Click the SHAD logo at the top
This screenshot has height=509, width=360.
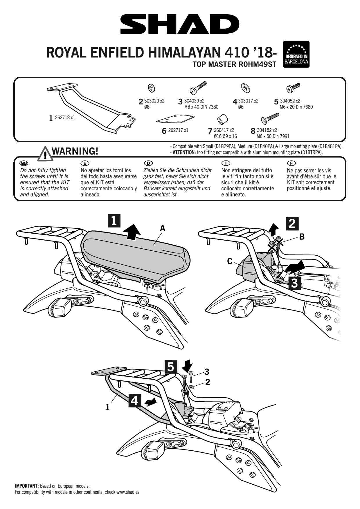click(x=180, y=24)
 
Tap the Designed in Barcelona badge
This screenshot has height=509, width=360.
click(x=296, y=54)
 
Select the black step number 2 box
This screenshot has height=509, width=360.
click(x=292, y=223)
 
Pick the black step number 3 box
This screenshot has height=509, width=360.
click(x=294, y=283)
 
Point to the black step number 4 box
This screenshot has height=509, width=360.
click(x=134, y=401)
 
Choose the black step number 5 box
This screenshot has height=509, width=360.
click(x=171, y=367)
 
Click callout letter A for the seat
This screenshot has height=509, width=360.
click(x=162, y=228)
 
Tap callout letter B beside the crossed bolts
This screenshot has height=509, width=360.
click(x=302, y=237)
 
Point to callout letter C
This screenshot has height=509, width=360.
click(x=230, y=261)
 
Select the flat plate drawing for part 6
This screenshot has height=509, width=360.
click(x=175, y=119)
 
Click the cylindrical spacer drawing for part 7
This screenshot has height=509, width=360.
click(x=223, y=119)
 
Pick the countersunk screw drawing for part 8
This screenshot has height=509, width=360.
click(x=270, y=118)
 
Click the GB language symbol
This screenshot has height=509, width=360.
click(x=24, y=163)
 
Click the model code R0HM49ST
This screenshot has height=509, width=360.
click(x=257, y=64)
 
